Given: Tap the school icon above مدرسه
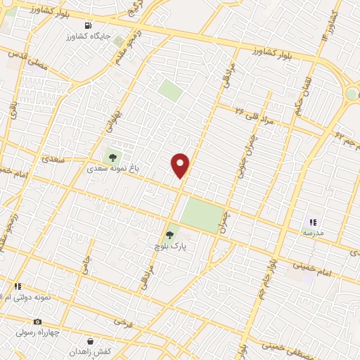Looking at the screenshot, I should click(313, 221).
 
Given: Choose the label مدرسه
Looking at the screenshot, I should click(313, 232).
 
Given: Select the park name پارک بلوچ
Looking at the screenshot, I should click(169, 247).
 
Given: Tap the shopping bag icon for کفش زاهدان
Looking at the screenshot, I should click(89, 341).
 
